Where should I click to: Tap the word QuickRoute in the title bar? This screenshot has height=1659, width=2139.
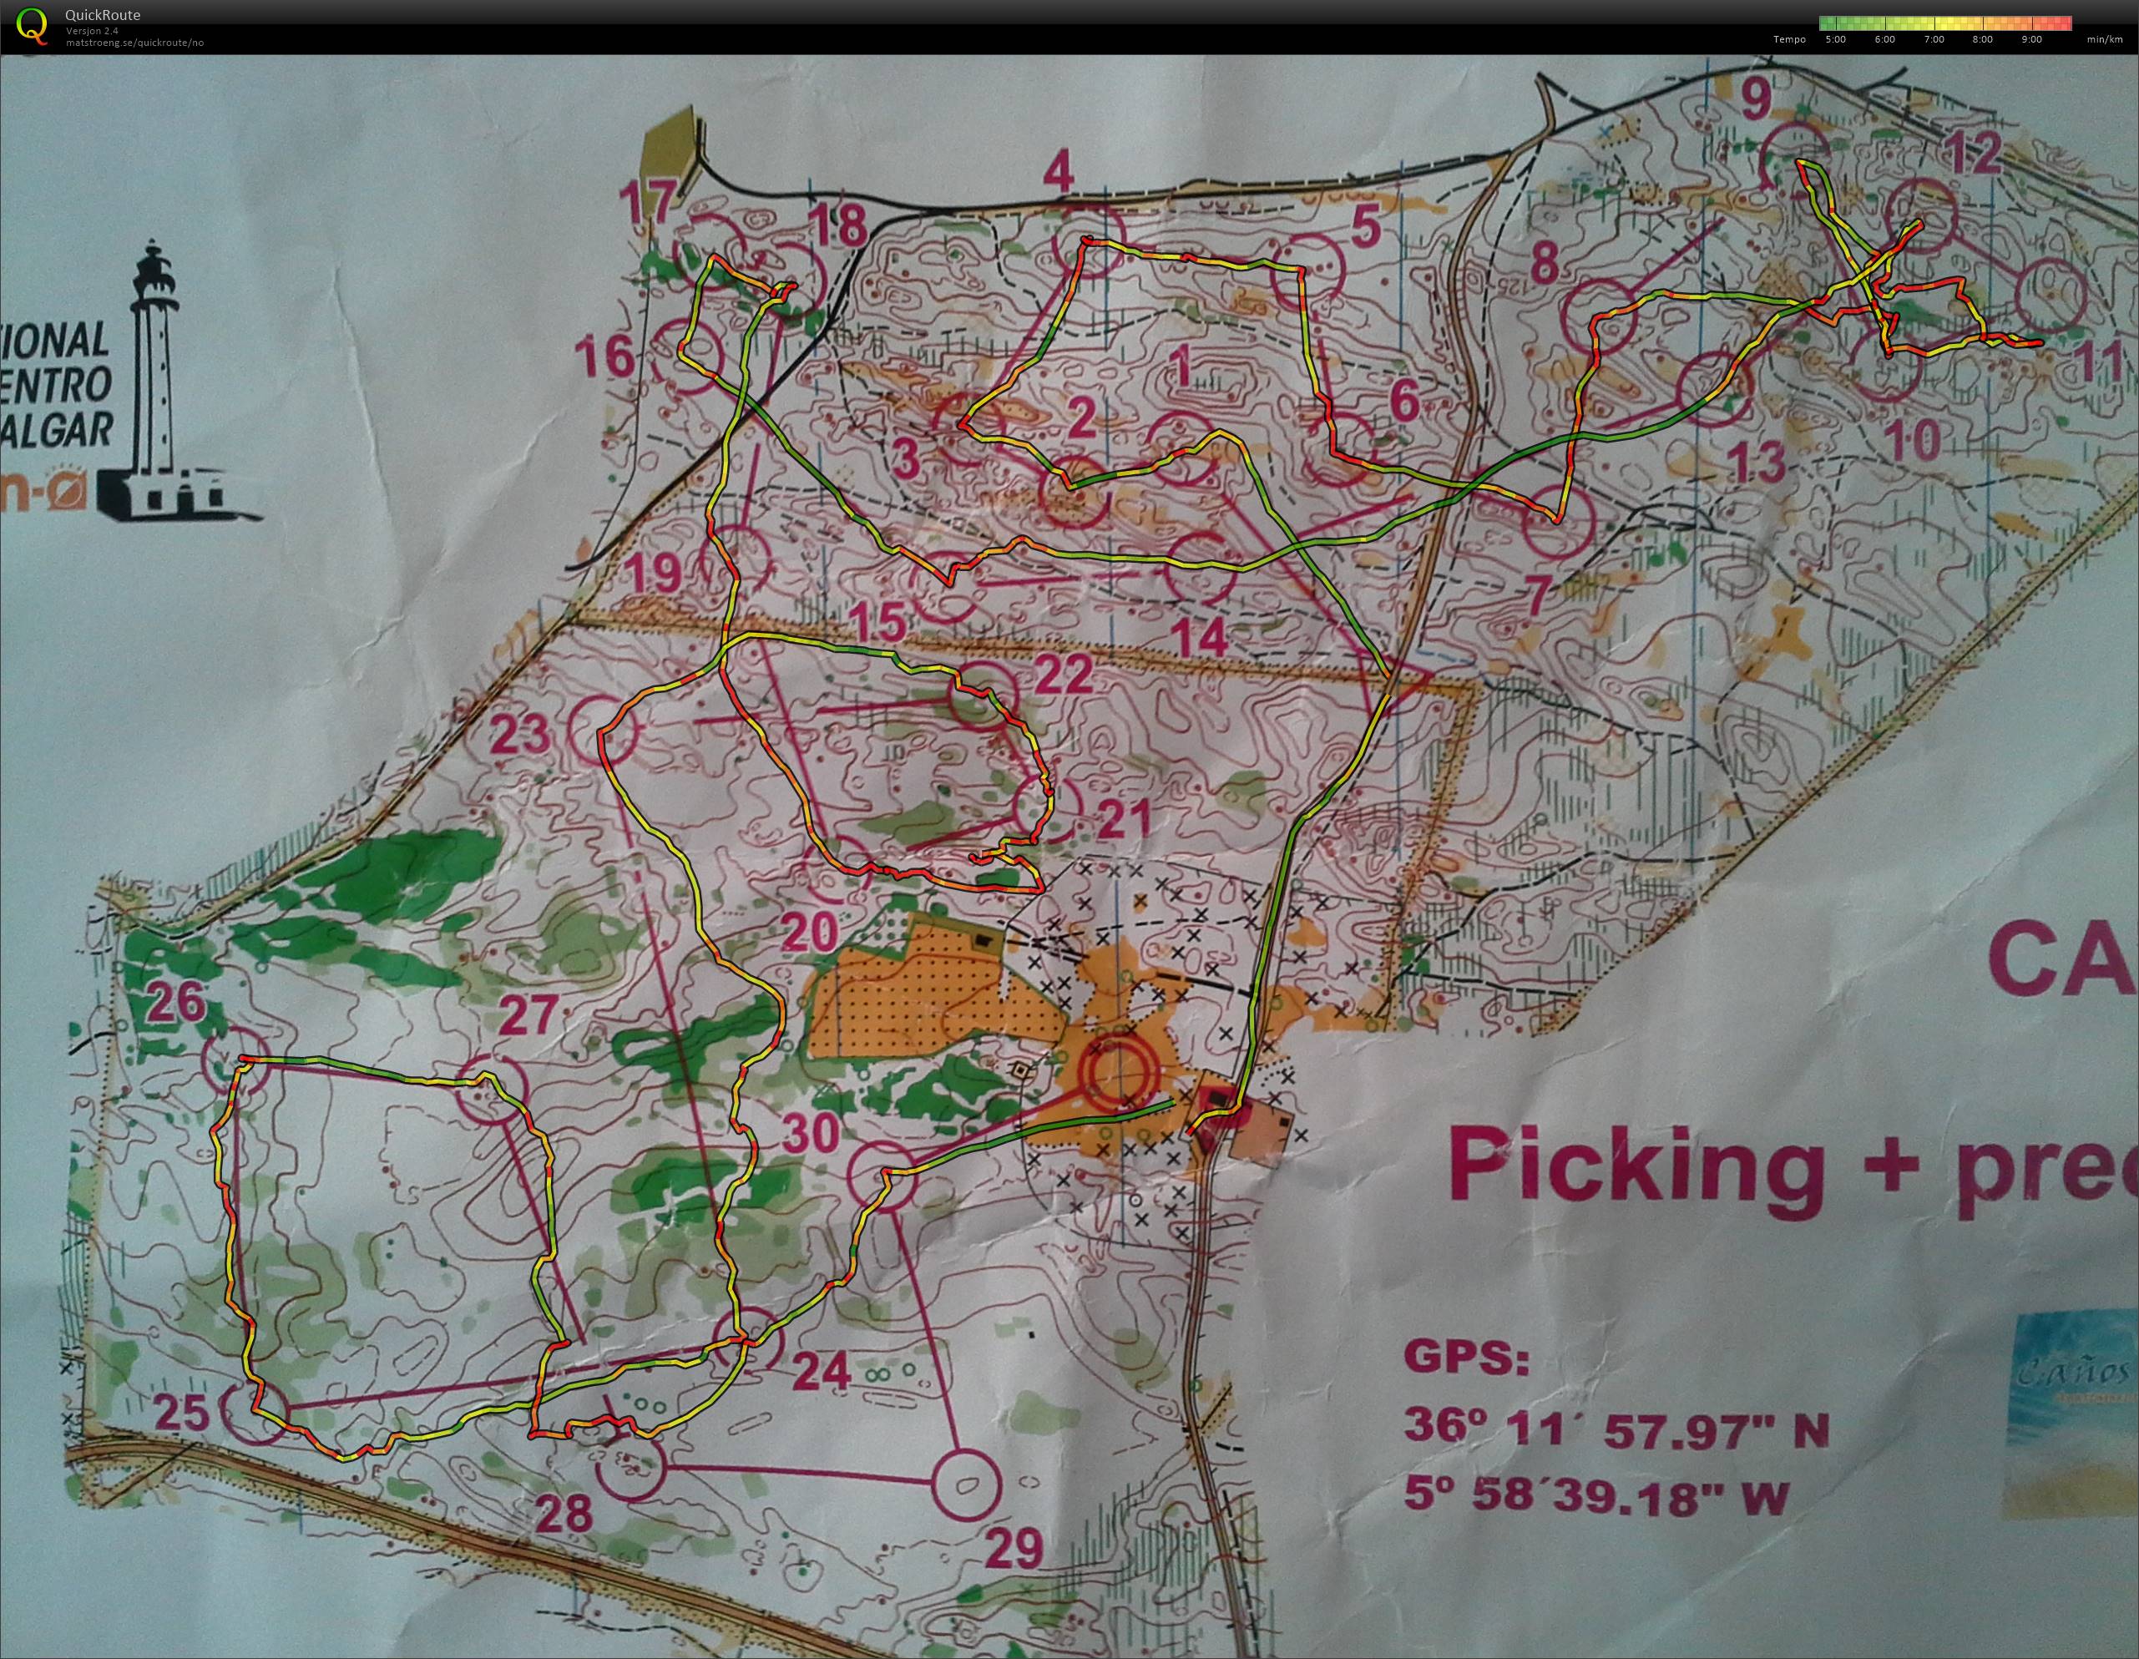tap(102, 15)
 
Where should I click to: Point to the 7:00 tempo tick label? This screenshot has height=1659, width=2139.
tap(1934, 40)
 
